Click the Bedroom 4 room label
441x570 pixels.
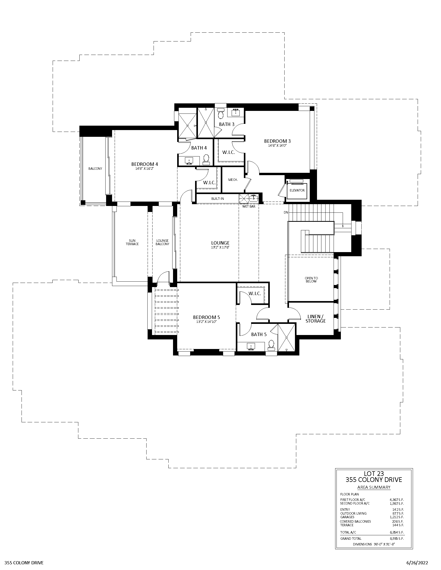(144, 164)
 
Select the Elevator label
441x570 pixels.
(297, 190)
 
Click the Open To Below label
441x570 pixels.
(311, 280)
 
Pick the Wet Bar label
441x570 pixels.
(249, 206)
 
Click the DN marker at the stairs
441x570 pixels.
(286, 212)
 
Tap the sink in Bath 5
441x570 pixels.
(251, 346)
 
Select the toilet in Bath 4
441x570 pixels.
(206, 159)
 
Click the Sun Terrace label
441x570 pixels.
(132, 242)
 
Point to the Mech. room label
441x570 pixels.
(233, 180)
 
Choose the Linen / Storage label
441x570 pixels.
(315, 319)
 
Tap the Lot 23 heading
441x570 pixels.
(374, 473)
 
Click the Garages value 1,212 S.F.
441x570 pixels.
(397, 517)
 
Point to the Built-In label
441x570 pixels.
(217, 199)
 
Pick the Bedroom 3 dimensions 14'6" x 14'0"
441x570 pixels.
(277, 146)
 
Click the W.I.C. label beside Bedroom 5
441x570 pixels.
(255, 294)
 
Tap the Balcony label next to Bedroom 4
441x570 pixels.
(95, 169)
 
